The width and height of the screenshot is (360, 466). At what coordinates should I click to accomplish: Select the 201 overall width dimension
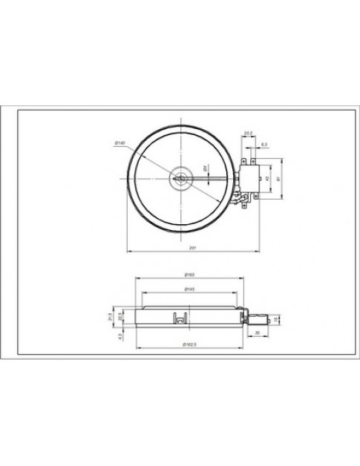pos(192,247)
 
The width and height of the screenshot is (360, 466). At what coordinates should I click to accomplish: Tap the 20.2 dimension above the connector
pos(247,133)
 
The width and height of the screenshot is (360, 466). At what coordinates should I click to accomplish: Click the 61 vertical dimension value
pos(278,178)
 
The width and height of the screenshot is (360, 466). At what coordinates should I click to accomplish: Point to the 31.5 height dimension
pos(110,318)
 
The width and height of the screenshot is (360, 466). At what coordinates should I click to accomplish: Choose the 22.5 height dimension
pos(120,318)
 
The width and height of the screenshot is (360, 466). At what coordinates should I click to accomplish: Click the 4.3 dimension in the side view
pos(119,336)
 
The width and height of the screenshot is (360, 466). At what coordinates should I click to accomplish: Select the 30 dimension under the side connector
pos(256,333)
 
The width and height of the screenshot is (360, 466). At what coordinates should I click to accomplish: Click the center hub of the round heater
pos(180,178)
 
